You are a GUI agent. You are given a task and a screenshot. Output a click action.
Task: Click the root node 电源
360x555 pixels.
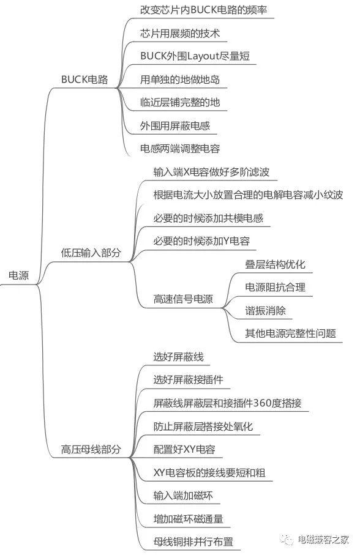pyautogui.click(x=18, y=275)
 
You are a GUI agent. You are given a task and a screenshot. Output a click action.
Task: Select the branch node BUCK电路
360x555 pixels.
pyautogui.click(x=84, y=79)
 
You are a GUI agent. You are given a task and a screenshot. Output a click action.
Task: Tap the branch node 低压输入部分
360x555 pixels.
pyautogui.click(x=91, y=252)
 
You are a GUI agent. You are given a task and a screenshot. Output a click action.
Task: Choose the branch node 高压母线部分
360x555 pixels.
pyautogui.click(x=91, y=449)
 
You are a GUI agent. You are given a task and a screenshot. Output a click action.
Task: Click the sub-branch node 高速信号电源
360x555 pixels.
pyautogui.click(x=183, y=299)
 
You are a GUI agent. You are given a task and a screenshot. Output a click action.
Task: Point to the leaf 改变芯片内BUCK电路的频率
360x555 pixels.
pyautogui.click(x=203, y=10)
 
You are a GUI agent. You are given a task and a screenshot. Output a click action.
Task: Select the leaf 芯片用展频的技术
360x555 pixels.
pyautogui.click(x=180, y=33)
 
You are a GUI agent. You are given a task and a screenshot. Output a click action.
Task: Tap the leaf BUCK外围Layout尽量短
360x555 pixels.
pyautogui.click(x=195, y=56)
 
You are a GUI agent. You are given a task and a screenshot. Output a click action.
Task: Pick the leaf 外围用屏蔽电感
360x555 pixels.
pyautogui.click(x=175, y=125)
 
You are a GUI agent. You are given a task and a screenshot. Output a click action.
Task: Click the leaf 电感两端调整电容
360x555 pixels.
pyautogui.click(x=180, y=148)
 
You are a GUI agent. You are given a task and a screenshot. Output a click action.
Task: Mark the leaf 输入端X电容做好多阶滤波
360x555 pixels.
pyautogui.click(x=211, y=172)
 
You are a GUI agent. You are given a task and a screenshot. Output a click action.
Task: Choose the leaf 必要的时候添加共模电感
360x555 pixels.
pyautogui.click(x=208, y=218)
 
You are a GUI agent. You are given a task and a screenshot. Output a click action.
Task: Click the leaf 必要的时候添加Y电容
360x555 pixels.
pyautogui.click(x=201, y=241)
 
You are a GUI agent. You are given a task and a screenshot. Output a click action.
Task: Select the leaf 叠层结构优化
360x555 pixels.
pyautogui.click(x=275, y=264)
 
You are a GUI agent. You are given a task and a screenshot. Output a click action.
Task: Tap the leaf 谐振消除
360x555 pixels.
pyautogui.click(x=265, y=310)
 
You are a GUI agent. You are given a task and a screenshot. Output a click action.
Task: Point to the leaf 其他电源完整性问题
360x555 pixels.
pyautogui.click(x=290, y=333)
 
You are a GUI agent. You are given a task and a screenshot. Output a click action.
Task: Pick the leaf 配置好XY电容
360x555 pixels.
pyautogui.click(x=184, y=449)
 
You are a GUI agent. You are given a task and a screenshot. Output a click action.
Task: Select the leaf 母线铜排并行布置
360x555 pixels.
pyautogui.click(x=193, y=542)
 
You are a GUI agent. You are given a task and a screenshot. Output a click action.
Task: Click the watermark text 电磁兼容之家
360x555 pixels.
pyautogui.click(x=323, y=540)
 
